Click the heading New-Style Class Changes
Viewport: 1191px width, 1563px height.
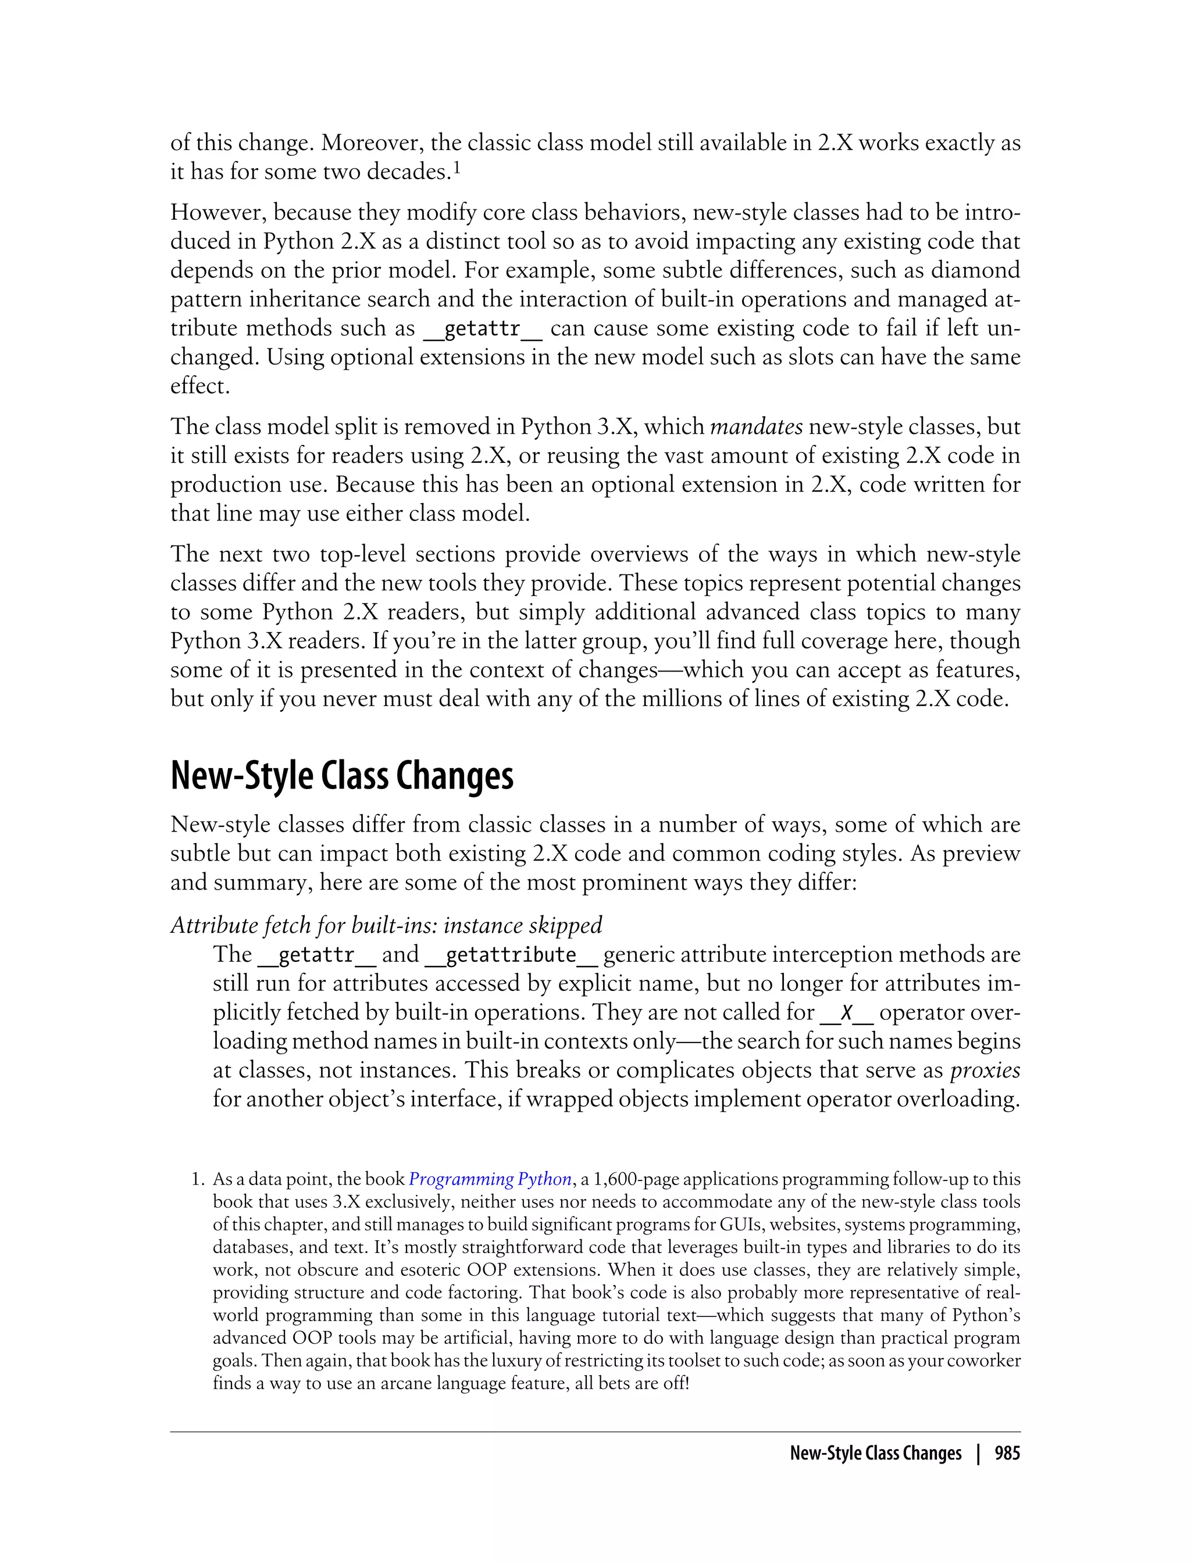click(342, 776)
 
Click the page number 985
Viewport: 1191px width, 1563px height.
click(1007, 1453)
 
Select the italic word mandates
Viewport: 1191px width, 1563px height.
click(756, 427)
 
